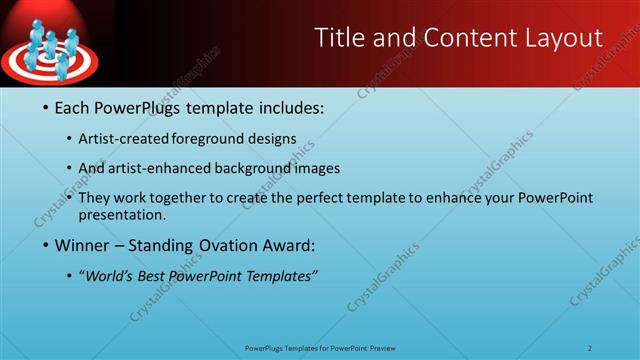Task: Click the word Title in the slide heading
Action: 339,38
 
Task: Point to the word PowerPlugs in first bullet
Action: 145,107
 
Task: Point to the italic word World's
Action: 111,277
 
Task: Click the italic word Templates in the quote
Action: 278,277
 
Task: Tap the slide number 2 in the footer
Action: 590,347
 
